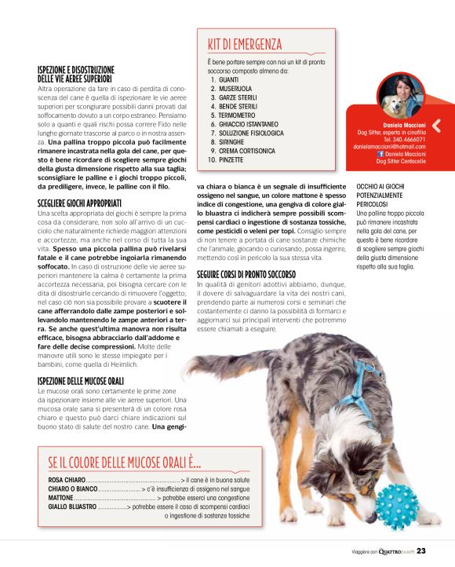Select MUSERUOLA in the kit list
coord(236,89)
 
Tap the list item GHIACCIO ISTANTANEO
coord(249,124)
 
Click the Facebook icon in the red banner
coord(380,154)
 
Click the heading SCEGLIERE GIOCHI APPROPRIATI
coord(79,203)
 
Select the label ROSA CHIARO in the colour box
coord(67,479)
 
